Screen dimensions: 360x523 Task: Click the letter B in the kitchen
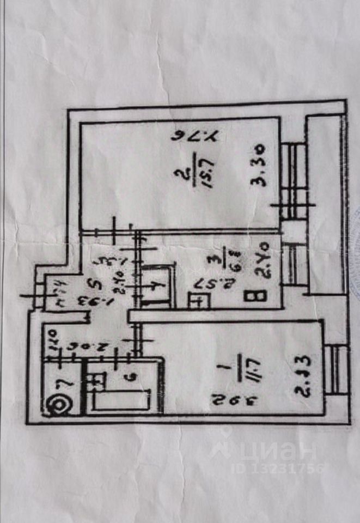(x=261, y=296)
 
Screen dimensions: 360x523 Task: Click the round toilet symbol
(x=56, y=405)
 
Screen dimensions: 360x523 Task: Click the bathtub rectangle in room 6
(x=121, y=400)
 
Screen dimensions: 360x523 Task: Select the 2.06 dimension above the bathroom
(x=80, y=345)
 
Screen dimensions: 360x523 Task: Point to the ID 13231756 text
(x=278, y=468)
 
